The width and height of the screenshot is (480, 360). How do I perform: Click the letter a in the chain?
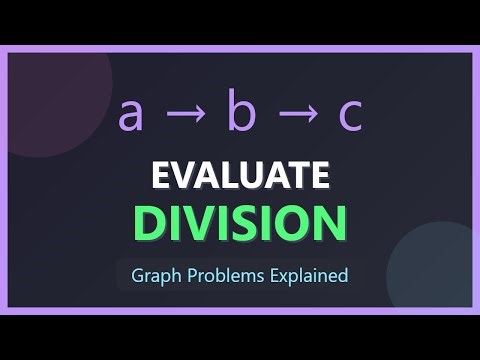tap(130, 116)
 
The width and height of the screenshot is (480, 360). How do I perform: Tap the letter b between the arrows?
tap(240, 113)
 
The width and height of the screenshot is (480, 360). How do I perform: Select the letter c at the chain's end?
tap(349, 116)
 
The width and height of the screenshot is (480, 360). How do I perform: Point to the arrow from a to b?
tap(184, 116)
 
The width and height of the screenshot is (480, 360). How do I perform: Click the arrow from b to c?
tap(295, 116)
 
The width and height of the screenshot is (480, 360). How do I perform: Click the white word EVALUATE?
tap(240, 175)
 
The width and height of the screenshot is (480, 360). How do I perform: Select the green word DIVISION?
tap(240, 221)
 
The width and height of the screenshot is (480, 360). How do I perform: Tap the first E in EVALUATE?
tap(161, 175)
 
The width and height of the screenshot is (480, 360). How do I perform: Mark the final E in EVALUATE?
tap(318, 175)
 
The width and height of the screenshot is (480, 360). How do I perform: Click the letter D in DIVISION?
tap(150, 221)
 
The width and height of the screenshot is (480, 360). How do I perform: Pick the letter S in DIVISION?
tap(237, 221)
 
